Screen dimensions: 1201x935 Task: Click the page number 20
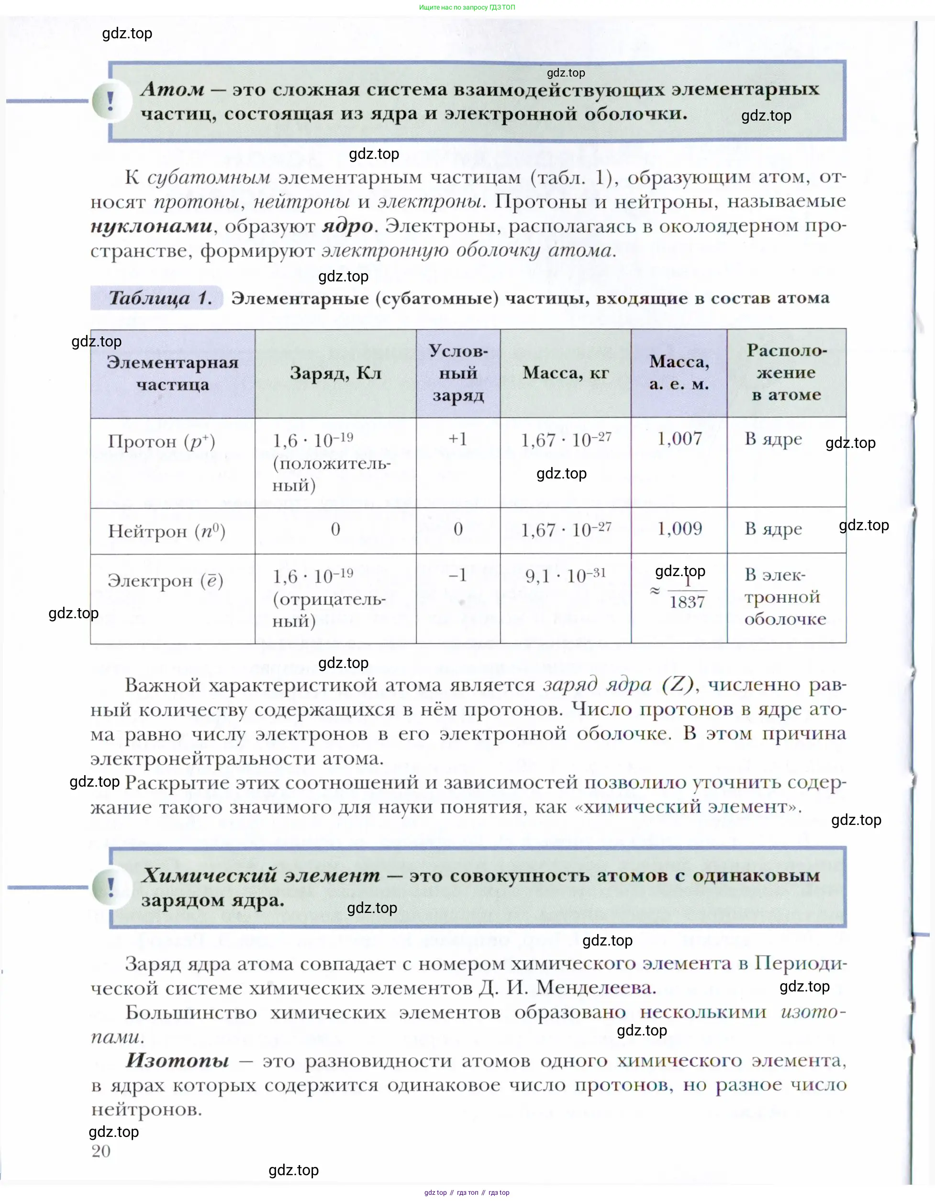pyautogui.click(x=101, y=1151)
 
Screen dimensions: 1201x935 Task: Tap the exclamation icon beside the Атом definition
pyautogui.click(x=111, y=101)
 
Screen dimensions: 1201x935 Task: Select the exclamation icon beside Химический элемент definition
pyautogui.click(x=111, y=887)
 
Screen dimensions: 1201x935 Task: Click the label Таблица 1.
pyautogui.click(x=159, y=298)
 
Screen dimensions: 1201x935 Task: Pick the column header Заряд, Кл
pyautogui.click(x=335, y=373)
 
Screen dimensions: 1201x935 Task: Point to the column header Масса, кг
pyautogui.click(x=566, y=373)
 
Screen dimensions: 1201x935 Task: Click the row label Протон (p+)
pyautogui.click(x=161, y=442)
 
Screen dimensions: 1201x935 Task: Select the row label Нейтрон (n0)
pyautogui.click(x=166, y=531)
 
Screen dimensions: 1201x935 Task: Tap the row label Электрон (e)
pyautogui.click(x=165, y=581)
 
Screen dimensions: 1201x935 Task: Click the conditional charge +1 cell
pyautogui.click(x=457, y=439)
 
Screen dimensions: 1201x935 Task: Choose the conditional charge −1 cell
pyautogui.click(x=457, y=575)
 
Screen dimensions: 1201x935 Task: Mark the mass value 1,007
pyautogui.click(x=679, y=439)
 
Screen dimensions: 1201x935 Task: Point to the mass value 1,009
pyautogui.click(x=679, y=529)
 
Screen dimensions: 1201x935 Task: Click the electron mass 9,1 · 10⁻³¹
pyautogui.click(x=566, y=576)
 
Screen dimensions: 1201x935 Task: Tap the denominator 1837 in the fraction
pyautogui.click(x=687, y=602)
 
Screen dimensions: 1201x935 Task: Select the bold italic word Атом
pyautogui.click(x=173, y=89)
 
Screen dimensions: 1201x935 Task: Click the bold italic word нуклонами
pyautogui.click(x=152, y=226)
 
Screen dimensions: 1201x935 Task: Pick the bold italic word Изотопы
pyautogui.click(x=177, y=1060)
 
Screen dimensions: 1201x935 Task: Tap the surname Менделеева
pyautogui.click(x=596, y=988)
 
